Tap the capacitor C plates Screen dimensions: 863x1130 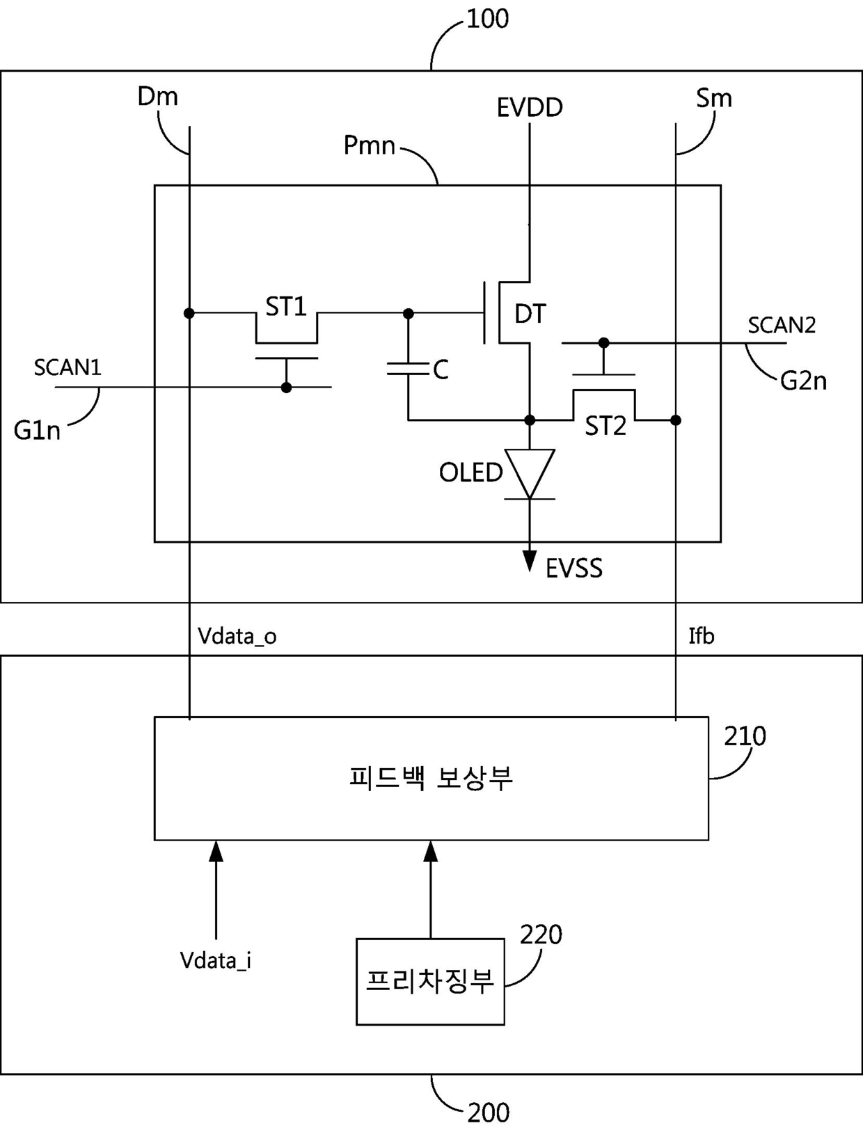click(x=408, y=368)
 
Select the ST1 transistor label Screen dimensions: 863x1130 click(x=286, y=307)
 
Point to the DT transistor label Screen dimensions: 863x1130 click(x=530, y=314)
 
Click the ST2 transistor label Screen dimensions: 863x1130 click(x=605, y=427)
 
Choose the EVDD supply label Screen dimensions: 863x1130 click(x=530, y=108)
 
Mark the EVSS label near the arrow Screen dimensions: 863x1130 click(x=574, y=568)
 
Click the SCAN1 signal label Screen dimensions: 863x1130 click(x=68, y=367)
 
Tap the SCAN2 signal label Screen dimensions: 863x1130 click(x=782, y=326)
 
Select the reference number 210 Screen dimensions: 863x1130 click(x=745, y=737)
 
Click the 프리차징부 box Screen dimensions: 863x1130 click(x=430, y=982)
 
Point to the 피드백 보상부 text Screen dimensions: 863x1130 click(x=431, y=778)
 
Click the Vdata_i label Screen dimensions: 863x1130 click(x=216, y=961)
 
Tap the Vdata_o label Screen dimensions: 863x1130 click(x=237, y=637)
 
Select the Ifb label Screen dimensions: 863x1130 click(x=702, y=636)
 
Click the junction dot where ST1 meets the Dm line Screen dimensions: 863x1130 click(x=189, y=313)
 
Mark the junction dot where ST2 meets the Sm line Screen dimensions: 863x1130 click(x=676, y=420)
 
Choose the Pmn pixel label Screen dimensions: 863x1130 click(x=369, y=145)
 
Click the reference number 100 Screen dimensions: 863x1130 click(x=488, y=19)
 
